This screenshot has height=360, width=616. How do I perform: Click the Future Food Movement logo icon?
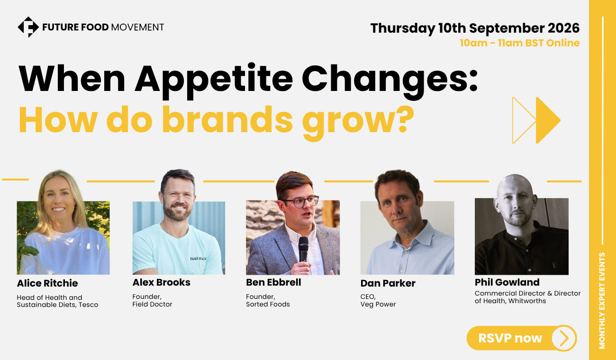click(x=28, y=27)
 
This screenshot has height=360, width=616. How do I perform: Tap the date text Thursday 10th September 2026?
click(x=475, y=28)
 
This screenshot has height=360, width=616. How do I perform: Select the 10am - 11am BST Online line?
click(x=520, y=43)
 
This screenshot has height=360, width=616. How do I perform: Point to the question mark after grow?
click(x=404, y=119)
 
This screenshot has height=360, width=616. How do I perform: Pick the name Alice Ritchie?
click(x=47, y=283)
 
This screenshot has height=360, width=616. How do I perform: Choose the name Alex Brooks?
click(x=162, y=282)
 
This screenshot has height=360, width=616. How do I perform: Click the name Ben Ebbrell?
click(x=273, y=282)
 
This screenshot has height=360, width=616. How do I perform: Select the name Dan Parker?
click(x=388, y=283)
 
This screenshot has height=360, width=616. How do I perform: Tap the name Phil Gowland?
click(x=507, y=282)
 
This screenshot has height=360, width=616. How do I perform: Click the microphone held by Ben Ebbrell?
click(x=303, y=249)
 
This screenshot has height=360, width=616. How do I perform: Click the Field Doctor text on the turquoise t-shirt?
click(x=198, y=259)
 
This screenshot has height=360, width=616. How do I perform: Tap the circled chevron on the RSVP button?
click(x=563, y=338)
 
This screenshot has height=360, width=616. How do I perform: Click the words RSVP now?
click(x=510, y=338)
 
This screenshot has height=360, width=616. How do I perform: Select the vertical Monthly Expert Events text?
click(x=602, y=301)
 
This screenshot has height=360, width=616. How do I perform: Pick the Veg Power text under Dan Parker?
click(x=378, y=305)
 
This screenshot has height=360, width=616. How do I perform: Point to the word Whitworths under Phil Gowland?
click(x=527, y=301)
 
